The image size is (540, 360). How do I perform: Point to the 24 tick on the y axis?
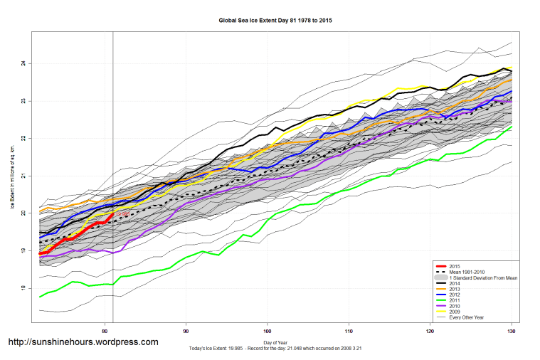[23, 63]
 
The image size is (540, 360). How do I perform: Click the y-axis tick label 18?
[23, 288]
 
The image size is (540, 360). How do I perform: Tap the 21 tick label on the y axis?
[23, 176]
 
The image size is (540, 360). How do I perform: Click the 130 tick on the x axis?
[511, 331]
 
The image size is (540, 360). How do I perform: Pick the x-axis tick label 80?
[105, 331]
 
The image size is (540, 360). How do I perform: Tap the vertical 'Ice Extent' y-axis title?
[12, 176]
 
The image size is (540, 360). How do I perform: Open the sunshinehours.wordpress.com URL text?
[83, 342]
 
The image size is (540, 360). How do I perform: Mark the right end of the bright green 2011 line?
[512, 127]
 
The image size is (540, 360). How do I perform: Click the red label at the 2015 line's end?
[122, 213]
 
